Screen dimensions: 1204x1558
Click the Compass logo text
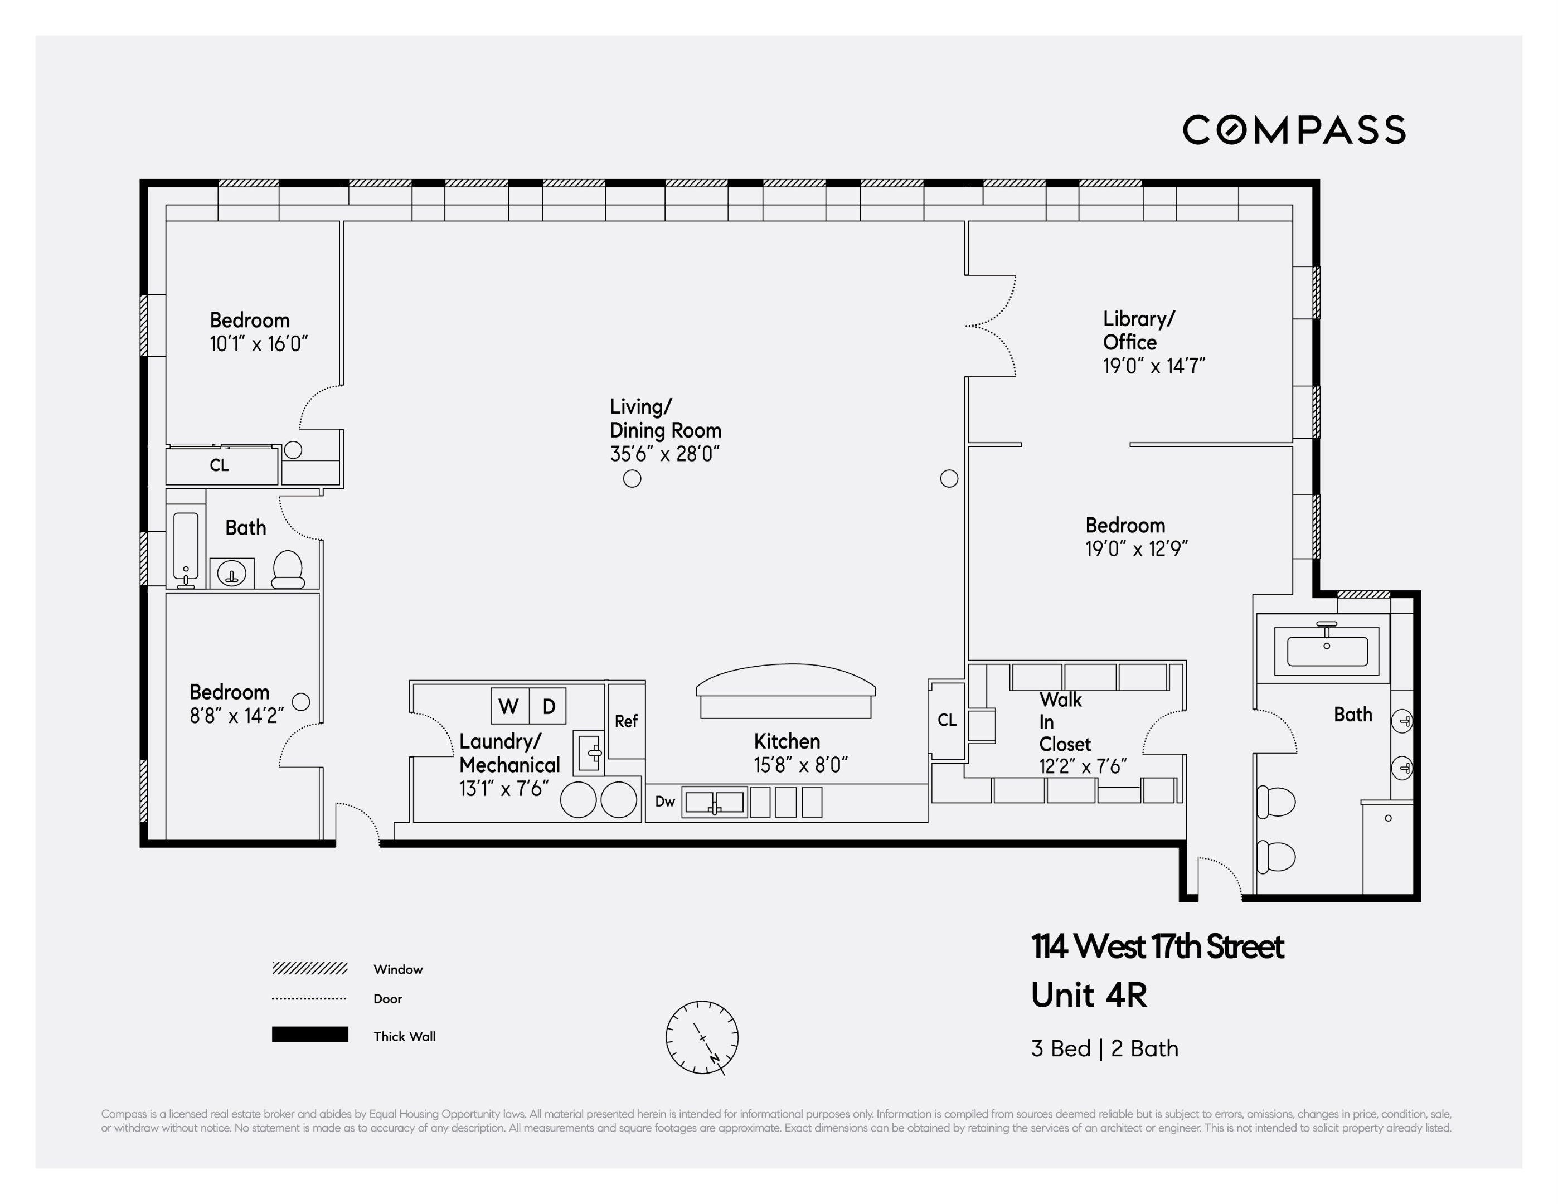click(1293, 130)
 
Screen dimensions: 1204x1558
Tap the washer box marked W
click(508, 706)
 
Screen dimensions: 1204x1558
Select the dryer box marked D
click(549, 706)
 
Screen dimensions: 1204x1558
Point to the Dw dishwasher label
click(665, 801)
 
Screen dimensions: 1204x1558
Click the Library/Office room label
click(1138, 330)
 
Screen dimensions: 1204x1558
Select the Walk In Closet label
click(1064, 722)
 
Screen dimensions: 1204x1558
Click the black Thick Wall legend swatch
click(309, 1034)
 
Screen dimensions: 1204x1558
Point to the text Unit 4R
click(1089, 995)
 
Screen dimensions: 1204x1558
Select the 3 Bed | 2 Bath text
click(1104, 1048)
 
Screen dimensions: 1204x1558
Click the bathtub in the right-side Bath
click(1326, 650)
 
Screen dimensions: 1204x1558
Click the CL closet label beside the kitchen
click(947, 720)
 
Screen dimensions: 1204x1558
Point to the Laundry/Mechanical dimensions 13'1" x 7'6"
click(504, 788)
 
